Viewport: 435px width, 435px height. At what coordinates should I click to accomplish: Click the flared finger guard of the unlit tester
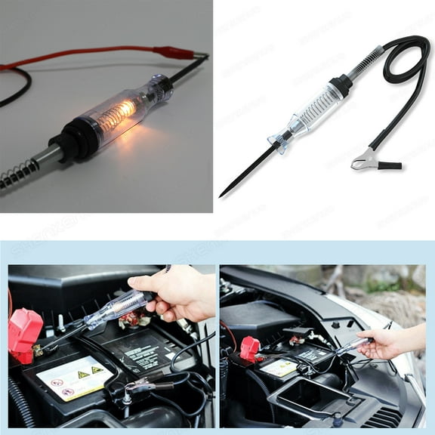[282, 140]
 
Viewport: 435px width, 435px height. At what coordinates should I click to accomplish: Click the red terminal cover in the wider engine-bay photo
[250, 349]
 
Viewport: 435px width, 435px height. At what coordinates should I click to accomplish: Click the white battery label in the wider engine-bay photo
[279, 367]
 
